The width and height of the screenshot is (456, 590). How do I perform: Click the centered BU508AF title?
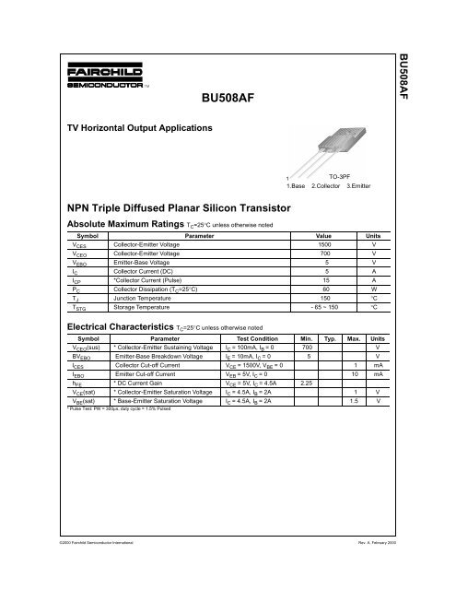pos(228,96)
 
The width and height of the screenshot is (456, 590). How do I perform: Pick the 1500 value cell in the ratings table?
pos(323,246)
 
